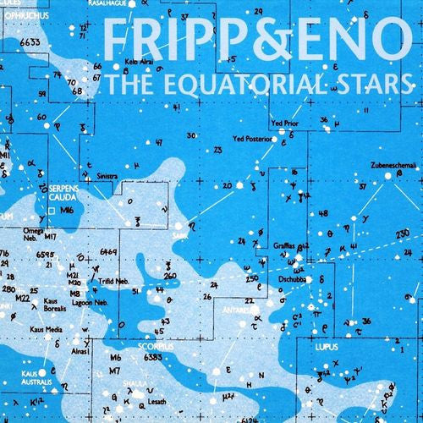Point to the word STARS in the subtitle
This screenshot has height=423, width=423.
pyautogui.click(x=372, y=85)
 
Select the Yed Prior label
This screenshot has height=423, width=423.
pyautogui.click(x=285, y=124)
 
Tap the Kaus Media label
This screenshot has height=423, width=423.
pyautogui.click(x=47, y=329)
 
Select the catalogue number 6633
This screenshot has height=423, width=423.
pyautogui.click(x=33, y=41)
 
